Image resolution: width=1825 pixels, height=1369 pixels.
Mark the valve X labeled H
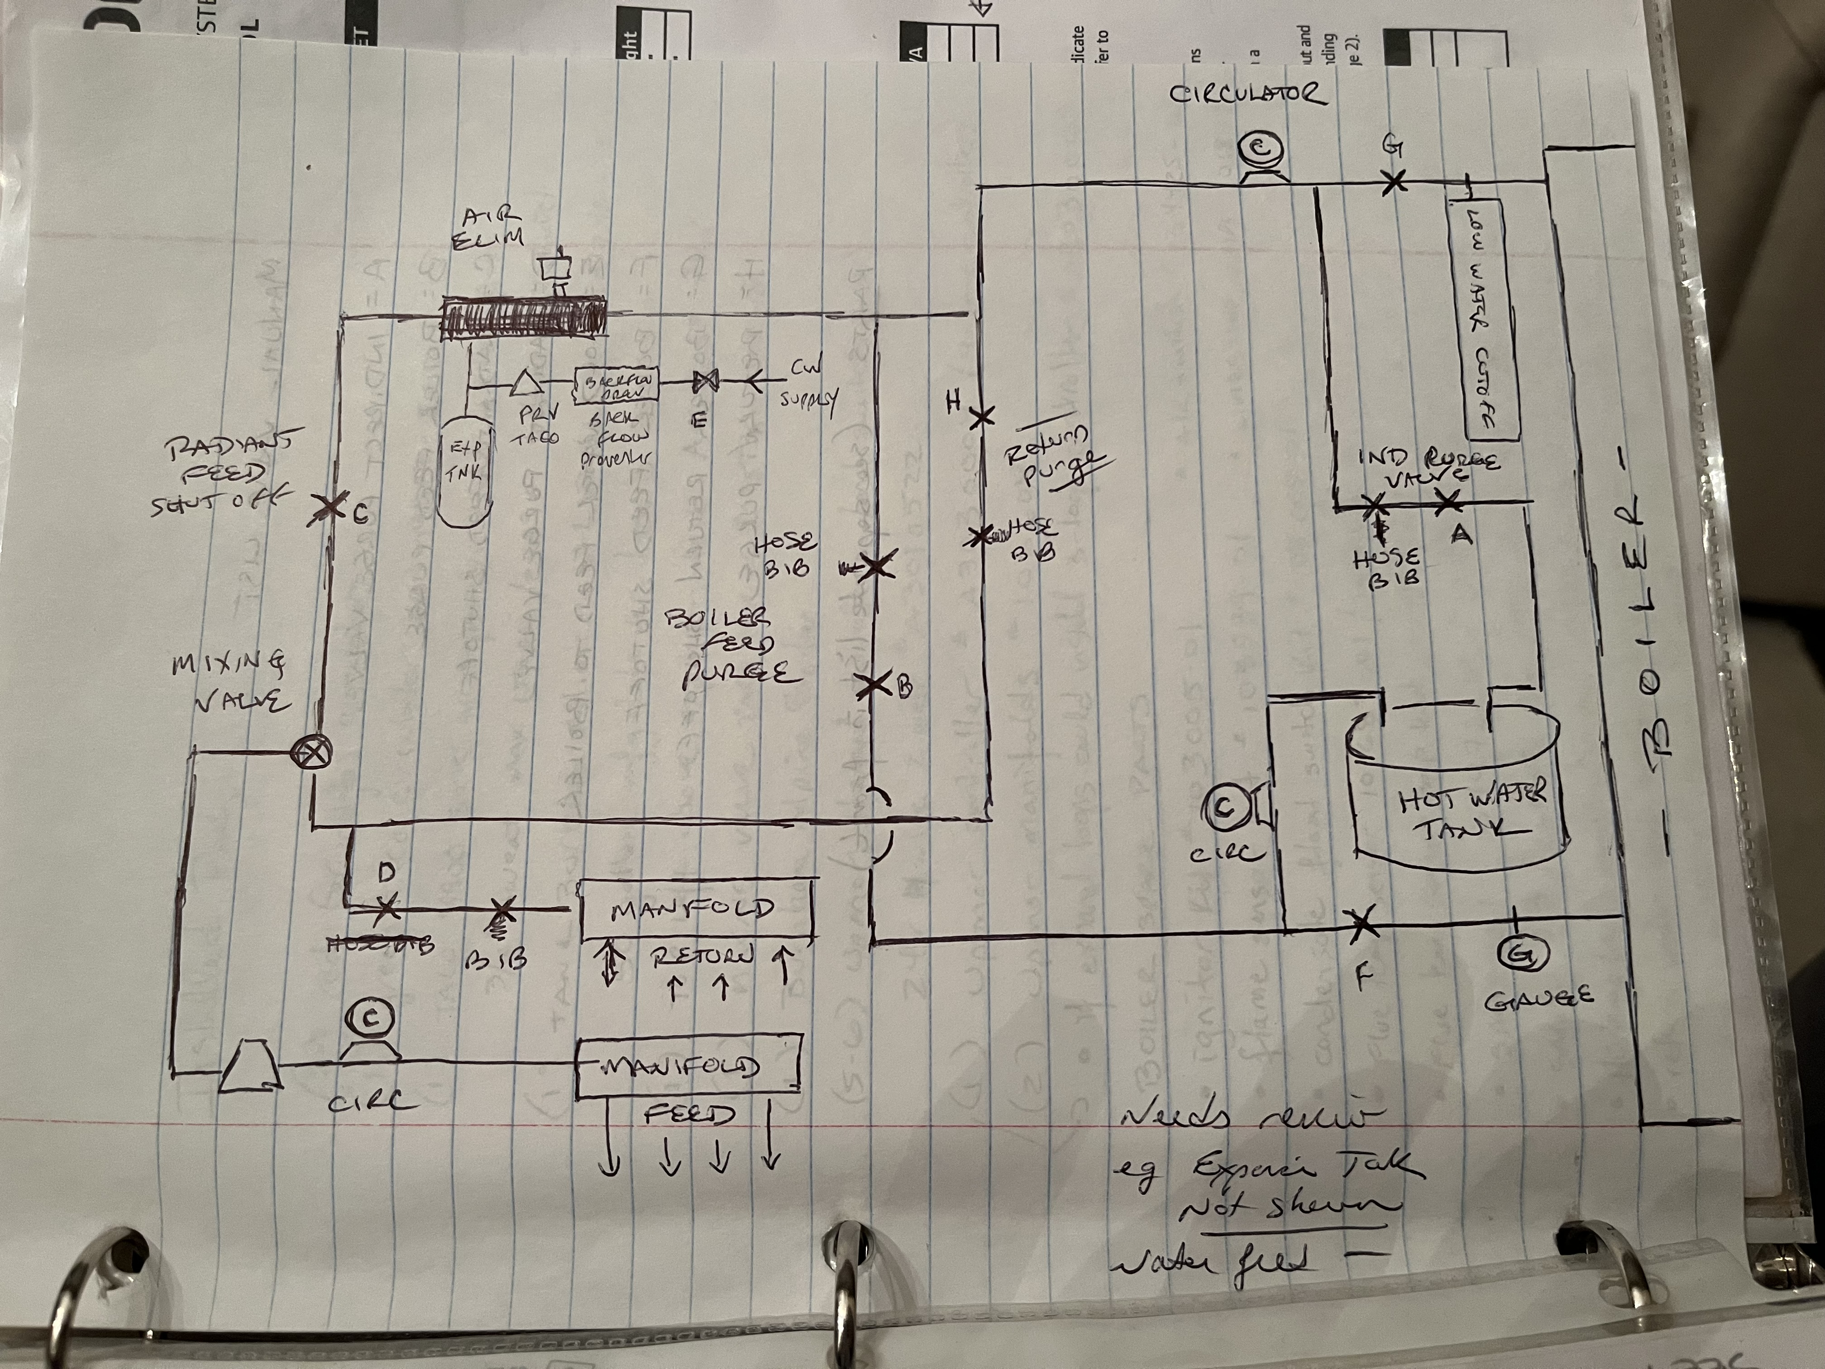click(981, 417)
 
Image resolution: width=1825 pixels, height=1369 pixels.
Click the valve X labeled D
click(387, 909)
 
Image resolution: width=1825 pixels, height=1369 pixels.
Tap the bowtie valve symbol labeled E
click(705, 381)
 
